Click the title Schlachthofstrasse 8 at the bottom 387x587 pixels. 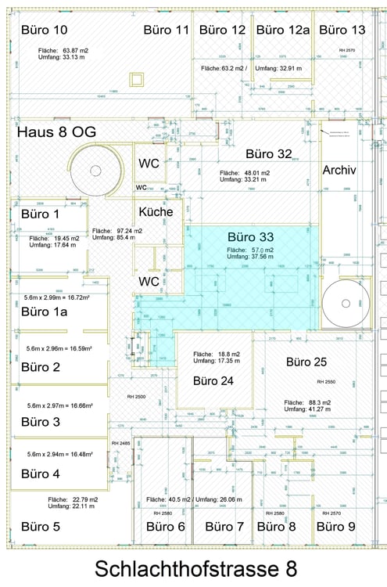point(193,567)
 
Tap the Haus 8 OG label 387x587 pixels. point(56,132)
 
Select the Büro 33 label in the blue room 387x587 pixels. point(250,236)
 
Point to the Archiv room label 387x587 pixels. point(339,170)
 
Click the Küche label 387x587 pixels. point(156,211)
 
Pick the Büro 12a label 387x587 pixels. point(283,30)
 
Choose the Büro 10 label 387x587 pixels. point(43,30)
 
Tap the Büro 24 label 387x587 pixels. point(217,381)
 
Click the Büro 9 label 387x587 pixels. point(335,527)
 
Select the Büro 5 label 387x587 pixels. point(40,526)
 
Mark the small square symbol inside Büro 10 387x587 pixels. point(138,80)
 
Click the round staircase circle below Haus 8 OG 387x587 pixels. point(95,171)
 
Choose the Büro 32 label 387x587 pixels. point(269,153)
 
